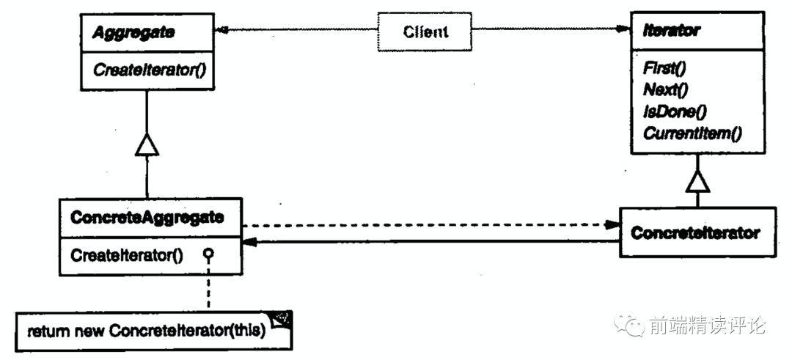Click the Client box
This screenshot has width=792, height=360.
[426, 32]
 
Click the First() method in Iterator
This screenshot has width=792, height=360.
[664, 68]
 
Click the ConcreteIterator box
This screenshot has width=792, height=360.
[694, 233]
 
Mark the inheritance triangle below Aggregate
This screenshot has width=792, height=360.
[147, 146]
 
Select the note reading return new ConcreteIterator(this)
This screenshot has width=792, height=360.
[146, 330]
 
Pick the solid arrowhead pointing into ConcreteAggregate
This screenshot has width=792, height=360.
[250, 243]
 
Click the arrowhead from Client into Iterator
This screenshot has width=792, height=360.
[625, 30]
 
